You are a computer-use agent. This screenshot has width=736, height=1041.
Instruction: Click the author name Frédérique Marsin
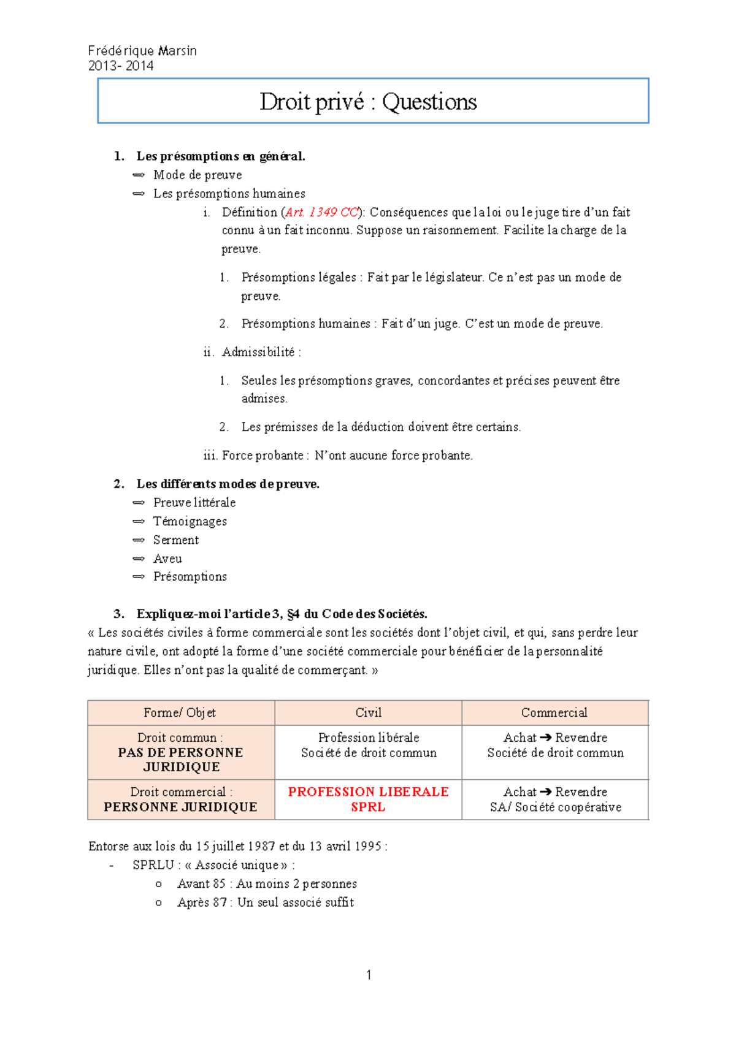142,51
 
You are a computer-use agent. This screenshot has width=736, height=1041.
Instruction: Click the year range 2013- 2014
121,66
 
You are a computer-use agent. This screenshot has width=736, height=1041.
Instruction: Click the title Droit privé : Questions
368,102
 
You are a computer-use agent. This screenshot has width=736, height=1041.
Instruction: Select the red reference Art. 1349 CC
321,212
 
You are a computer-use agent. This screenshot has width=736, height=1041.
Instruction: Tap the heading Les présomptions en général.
220,156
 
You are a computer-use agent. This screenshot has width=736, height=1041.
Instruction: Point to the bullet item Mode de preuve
197,175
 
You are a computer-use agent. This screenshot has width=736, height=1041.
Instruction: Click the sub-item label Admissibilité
258,352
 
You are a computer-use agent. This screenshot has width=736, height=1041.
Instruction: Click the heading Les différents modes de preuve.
228,484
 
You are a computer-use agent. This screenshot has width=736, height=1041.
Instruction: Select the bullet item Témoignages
190,521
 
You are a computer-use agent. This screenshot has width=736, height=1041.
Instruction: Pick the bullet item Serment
176,540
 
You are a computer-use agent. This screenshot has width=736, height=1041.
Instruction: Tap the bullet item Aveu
167,559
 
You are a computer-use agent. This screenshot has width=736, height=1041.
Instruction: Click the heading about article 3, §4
282,614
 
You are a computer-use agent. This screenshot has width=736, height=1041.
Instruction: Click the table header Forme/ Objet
180,712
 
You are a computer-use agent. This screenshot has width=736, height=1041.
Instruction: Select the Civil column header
368,712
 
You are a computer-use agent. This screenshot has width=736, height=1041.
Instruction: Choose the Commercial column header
554,712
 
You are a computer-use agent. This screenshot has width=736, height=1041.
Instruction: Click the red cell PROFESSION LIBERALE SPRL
368,799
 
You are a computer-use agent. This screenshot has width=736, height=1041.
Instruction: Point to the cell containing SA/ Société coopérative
555,807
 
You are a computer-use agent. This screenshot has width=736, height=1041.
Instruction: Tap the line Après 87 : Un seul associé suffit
265,902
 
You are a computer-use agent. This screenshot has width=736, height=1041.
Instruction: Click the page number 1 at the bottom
369,975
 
